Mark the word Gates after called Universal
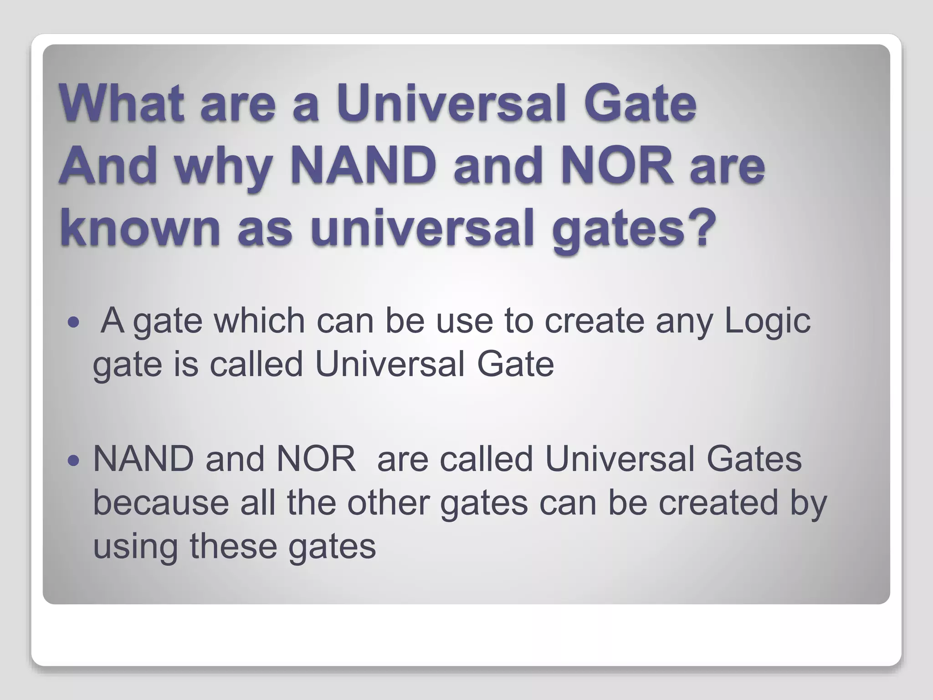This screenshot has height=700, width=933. click(x=754, y=459)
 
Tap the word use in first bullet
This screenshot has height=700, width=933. click(x=465, y=321)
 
